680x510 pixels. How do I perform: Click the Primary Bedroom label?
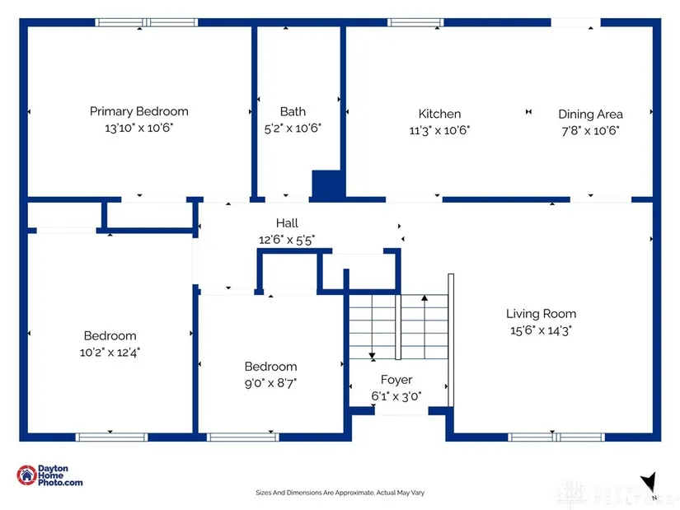click(x=138, y=111)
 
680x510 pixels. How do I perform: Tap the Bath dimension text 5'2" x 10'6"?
click(x=293, y=128)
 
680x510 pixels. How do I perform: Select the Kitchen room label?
click(x=439, y=114)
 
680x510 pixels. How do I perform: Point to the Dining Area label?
click(x=590, y=114)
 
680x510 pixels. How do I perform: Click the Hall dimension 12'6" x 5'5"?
click(x=287, y=240)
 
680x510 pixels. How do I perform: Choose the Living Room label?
click(x=541, y=314)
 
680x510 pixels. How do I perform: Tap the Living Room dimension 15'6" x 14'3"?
click(x=541, y=330)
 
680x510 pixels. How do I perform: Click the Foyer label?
click(x=396, y=380)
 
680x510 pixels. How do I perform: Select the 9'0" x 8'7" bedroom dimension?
click(x=270, y=383)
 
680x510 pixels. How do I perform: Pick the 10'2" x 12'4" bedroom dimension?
click(x=110, y=352)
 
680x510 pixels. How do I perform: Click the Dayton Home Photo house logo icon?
click(x=26, y=475)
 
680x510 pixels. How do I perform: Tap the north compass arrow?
click(x=649, y=482)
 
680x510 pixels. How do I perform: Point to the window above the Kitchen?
click(x=415, y=22)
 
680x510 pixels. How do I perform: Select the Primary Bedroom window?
click(x=147, y=22)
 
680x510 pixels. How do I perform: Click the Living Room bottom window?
click(x=556, y=437)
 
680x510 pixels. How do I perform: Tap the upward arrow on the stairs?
click(x=424, y=326)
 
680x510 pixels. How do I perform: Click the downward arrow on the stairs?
click(x=372, y=327)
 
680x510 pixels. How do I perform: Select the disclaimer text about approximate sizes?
click(x=340, y=493)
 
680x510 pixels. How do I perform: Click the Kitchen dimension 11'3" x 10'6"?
click(x=439, y=130)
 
